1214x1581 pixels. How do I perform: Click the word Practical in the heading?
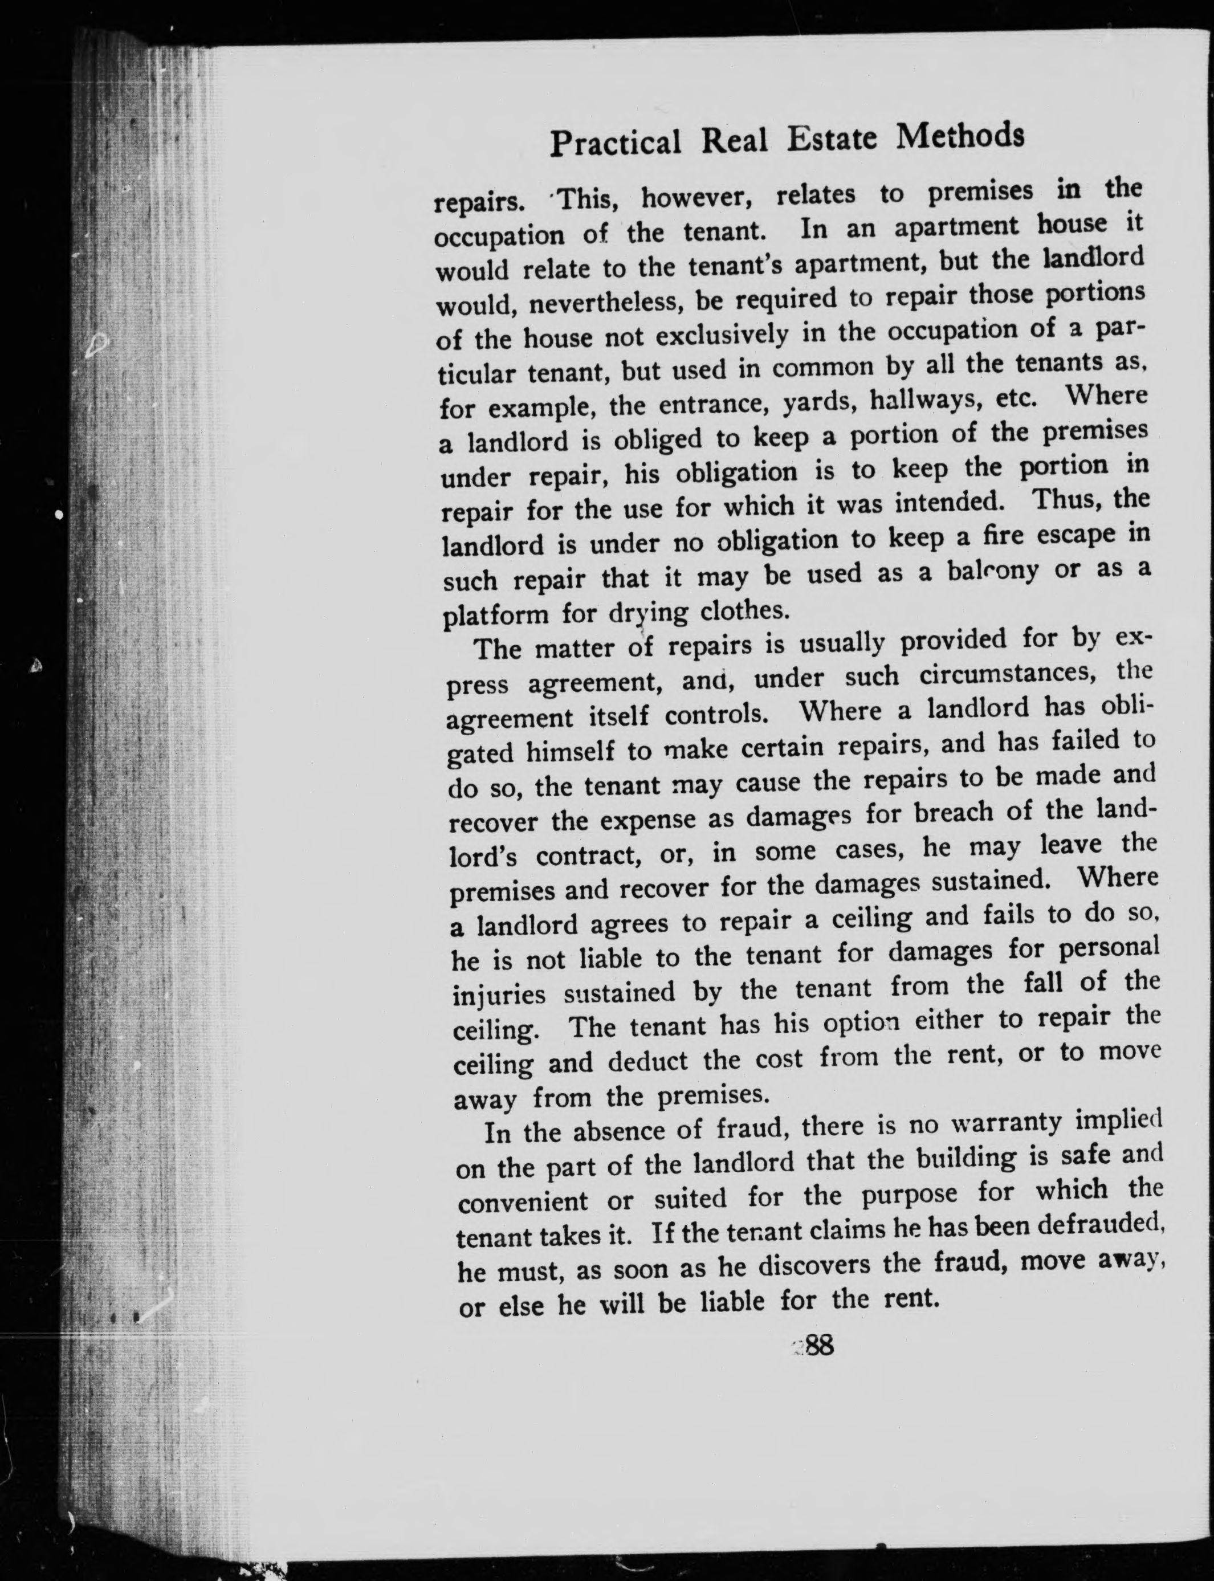(615, 142)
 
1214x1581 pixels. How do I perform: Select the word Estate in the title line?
(831, 138)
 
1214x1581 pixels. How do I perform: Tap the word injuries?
(499, 995)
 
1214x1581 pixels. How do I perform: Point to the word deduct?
(647, 1061)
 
